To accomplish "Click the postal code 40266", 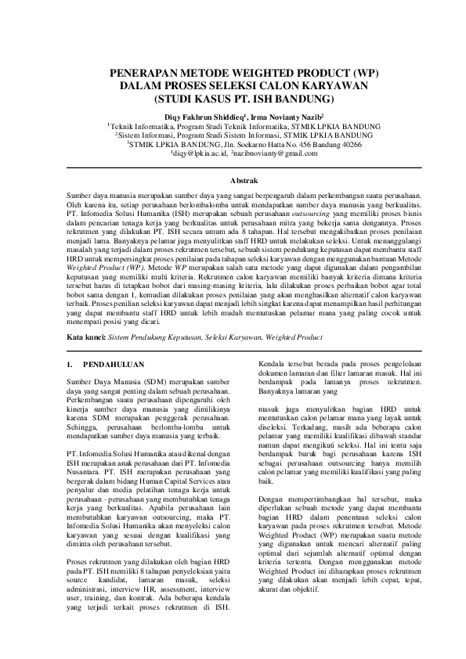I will [349, 145].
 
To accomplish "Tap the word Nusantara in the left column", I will [84, 472].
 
